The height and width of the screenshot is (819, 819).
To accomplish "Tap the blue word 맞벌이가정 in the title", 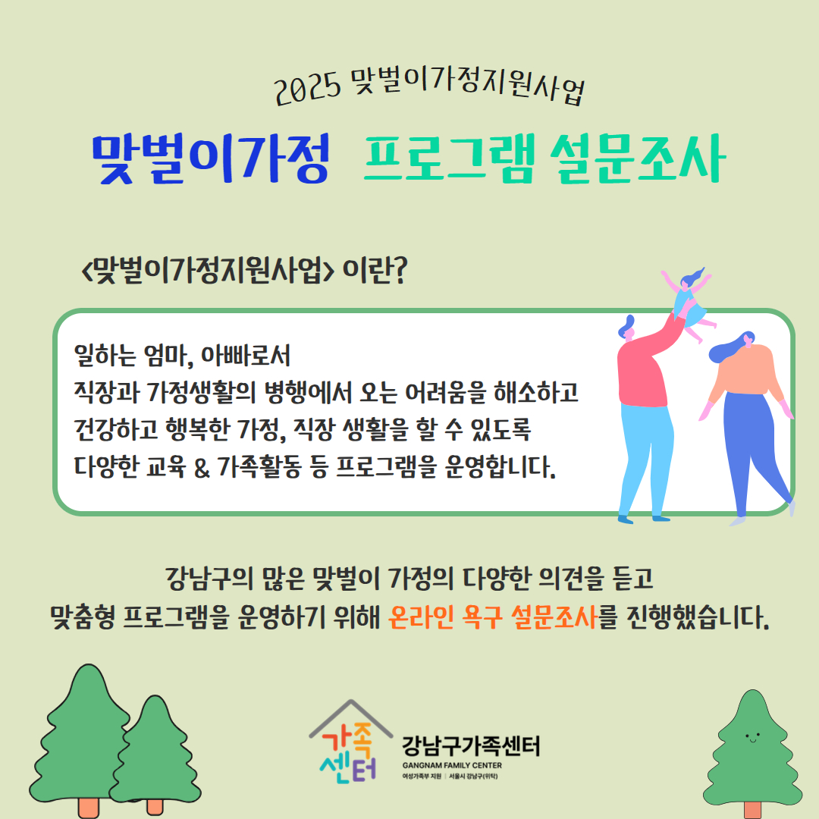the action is coord(211,158).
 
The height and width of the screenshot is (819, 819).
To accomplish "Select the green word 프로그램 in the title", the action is coord(449,158).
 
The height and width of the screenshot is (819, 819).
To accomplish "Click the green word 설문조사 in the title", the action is coord(638,158).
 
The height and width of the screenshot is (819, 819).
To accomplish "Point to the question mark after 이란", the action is coord(399,270).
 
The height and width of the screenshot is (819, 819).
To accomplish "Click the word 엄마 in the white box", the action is coord(165,356).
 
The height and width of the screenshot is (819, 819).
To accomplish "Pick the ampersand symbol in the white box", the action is coord(202,467).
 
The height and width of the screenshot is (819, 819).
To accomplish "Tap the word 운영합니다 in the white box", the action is coord(500,467).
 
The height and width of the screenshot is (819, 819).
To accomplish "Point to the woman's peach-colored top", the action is coord(746,372).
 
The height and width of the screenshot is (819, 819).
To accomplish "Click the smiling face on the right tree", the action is coord(753,738).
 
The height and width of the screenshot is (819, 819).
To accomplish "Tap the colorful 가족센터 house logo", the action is coord(350,742).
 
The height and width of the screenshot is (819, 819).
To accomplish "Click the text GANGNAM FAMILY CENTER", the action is coord(452,765).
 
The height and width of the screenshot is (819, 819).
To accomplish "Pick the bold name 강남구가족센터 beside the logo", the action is coord(471,746).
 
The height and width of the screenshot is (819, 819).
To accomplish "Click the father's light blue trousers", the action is coord(647,460).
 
